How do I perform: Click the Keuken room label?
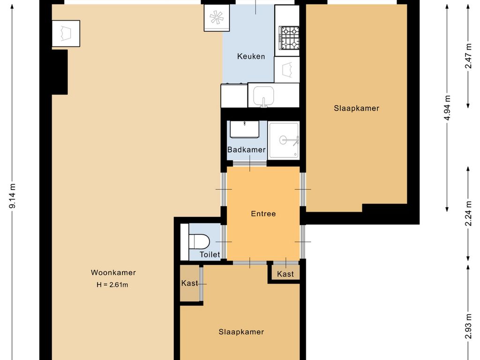[251, 56]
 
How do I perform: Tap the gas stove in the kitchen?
[289, 37]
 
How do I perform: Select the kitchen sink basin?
[263, 95]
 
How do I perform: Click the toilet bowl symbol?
[199, 242]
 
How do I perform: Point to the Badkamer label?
[247, 150]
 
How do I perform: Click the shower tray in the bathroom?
[284, 140]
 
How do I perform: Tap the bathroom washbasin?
[245, 129]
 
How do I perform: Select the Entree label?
[263, 214]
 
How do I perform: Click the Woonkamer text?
[113, 272]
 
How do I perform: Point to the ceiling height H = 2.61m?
[112, 285]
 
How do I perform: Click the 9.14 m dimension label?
[13, 196]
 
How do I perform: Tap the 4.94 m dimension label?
[447, 108]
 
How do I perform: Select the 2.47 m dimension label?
[468, 56]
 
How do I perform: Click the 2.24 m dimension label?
[468, 213]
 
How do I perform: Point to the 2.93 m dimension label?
[468, 327]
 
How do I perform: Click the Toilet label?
[210, 255]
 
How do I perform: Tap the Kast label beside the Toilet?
[190, 283]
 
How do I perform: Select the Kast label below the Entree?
[285, 274]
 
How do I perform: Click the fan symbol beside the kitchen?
[217, 18]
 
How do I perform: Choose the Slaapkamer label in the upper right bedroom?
[357, 108]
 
